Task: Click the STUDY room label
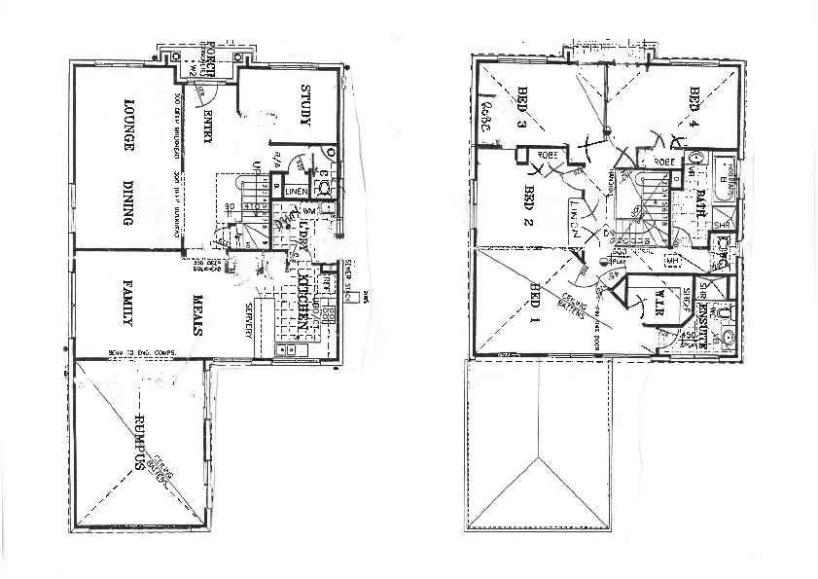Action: [x=304, y=105]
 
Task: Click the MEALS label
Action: [x=196, y=313]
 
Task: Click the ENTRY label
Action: [x=208, y=126]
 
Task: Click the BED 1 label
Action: [x=533, y=302]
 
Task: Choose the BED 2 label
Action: [x=530, y=203]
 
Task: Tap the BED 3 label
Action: [x=521, y=108]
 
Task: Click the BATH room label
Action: [x=699, y=205]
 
